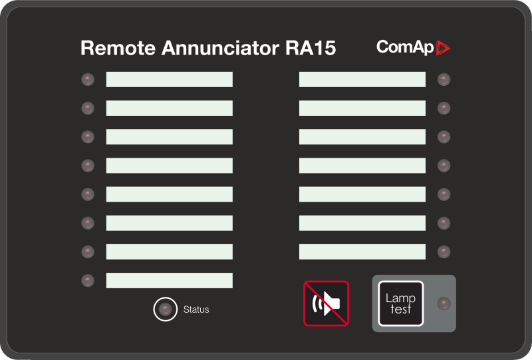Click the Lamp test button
[x=400, y=303]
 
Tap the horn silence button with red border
[x=326, y=303]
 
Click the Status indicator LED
[x=165, y=309]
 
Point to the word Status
[x=196, y=309]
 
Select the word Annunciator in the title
[x=212, y=49]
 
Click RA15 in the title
[x=310, y=49]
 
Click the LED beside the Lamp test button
[x=444, y=304]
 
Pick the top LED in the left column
[x=88, y=80]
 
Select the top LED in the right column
[x=444, y=80]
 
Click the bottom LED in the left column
[x=88, y=280]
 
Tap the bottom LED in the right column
[x=444, y=252]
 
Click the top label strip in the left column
[x=170, y=79]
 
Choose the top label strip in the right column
[x=362, y=79]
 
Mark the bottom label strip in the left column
[x=170, y=280]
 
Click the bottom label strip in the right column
[x=362, y=252]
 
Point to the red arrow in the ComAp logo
[x=443, y=47]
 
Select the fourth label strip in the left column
[x=170, y=165]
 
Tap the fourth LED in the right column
[x=444, y=166]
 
